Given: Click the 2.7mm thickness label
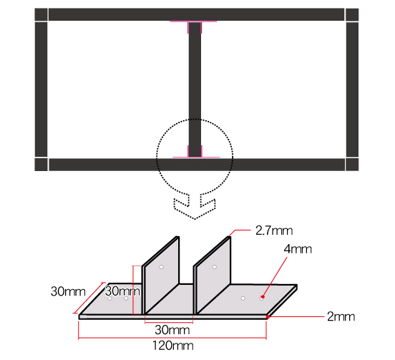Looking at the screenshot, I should click(274, 230).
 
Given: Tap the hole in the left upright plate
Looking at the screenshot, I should click(162, 267).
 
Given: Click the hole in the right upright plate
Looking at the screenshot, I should click(214, 267).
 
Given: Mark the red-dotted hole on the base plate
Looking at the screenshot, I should click(263, 294).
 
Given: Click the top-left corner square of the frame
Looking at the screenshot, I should click(41, 15).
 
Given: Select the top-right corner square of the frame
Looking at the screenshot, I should click(352, 15).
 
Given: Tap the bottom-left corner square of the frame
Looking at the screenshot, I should click(41, 165).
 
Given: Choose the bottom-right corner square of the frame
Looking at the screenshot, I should click(352, 165).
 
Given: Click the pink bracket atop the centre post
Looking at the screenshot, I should click(194, 26).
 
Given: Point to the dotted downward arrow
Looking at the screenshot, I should click(194, 205).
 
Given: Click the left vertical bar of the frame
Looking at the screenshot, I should click(41, 89).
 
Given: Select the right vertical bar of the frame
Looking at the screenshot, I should click(352, 89).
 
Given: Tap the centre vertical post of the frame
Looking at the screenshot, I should click(194, 86).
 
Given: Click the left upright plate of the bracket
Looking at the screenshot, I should click(162, 279).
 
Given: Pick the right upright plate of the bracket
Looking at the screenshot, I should click(213, 279).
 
